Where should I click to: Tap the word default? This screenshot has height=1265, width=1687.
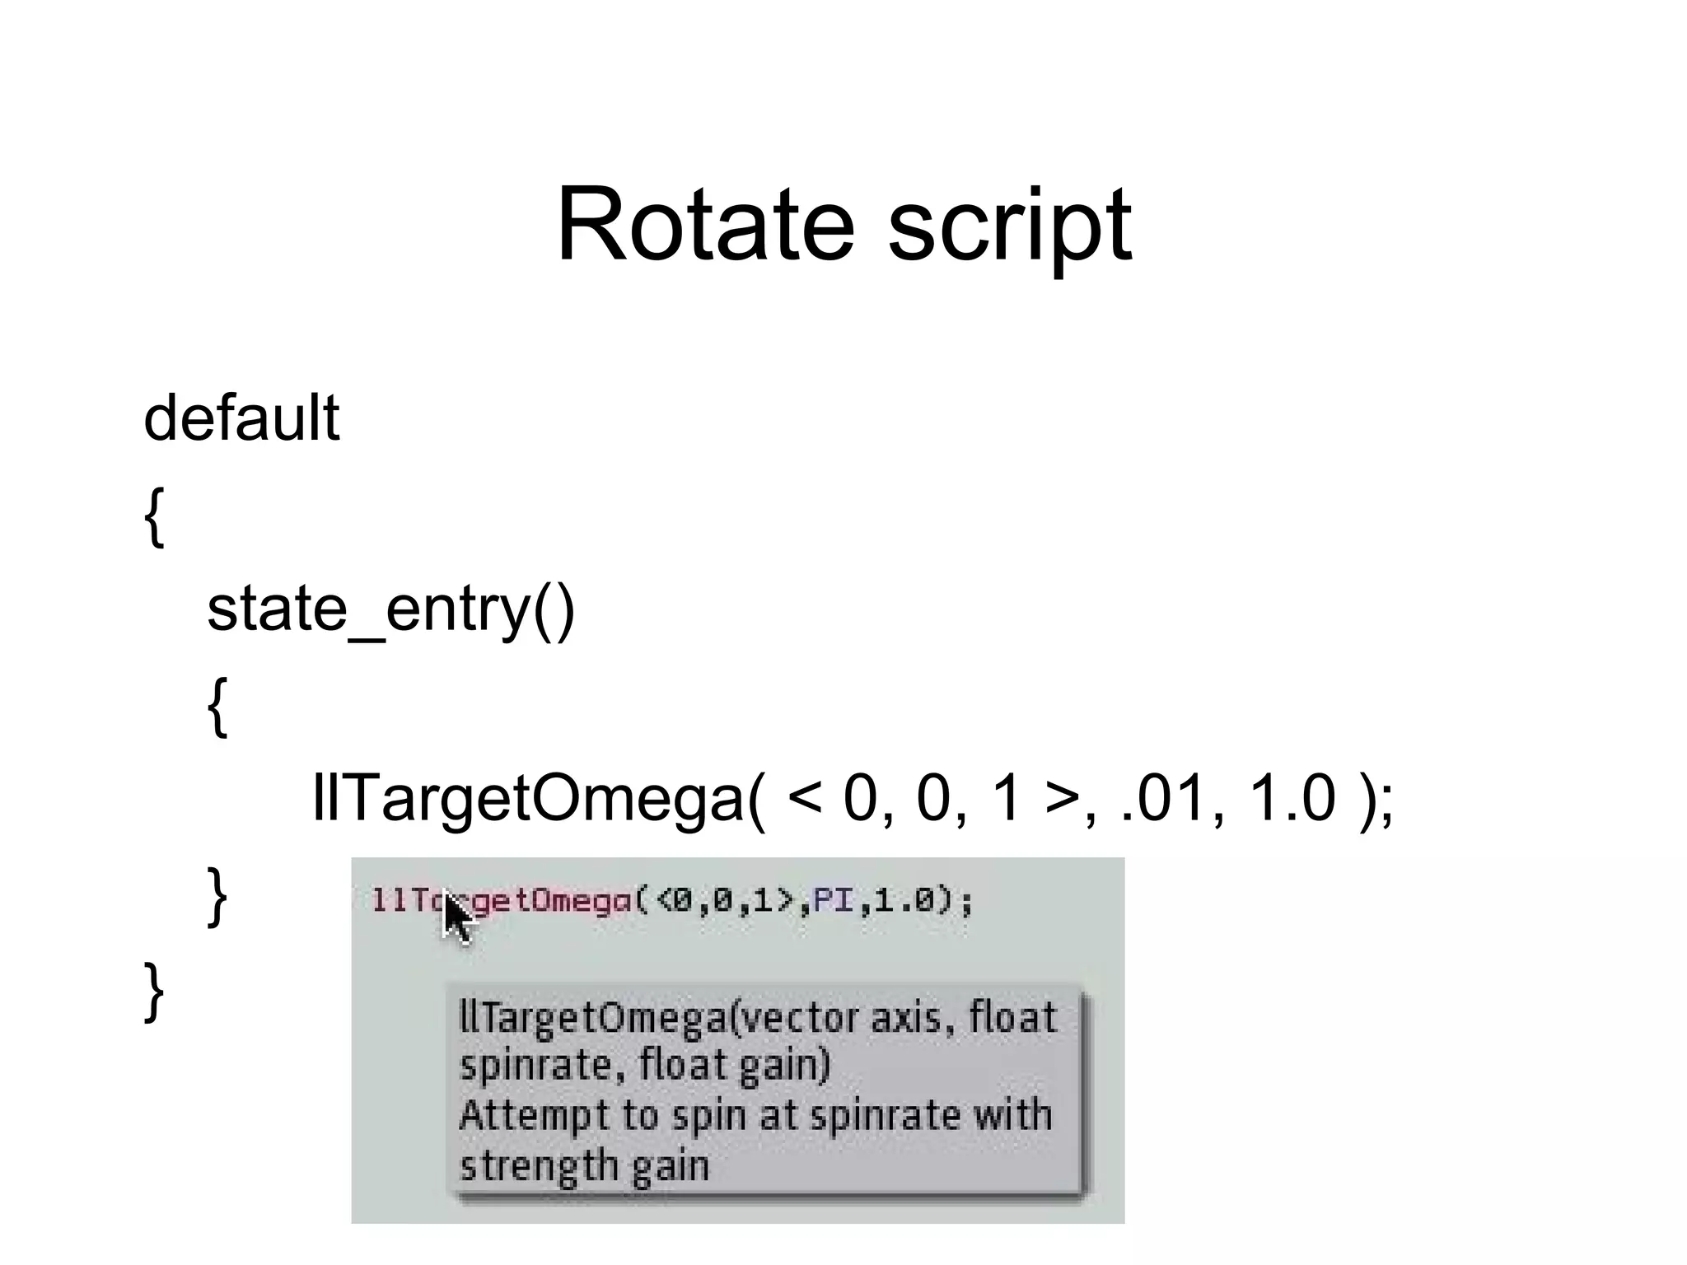[x=241, y=418]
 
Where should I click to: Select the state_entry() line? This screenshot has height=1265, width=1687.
[x=390, y=609]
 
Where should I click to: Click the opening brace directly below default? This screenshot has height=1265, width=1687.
[x=154, y=516]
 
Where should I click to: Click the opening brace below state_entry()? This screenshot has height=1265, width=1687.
[x=217, y=707]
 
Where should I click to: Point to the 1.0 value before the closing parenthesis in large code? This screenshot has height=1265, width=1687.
[x=1292, y=798]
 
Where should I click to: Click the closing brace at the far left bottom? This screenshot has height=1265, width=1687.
[x=154, y=992]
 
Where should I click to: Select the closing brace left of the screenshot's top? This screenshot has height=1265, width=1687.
[x=217, y=896]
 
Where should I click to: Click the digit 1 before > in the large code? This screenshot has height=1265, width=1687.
[x=1007, y=798]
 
